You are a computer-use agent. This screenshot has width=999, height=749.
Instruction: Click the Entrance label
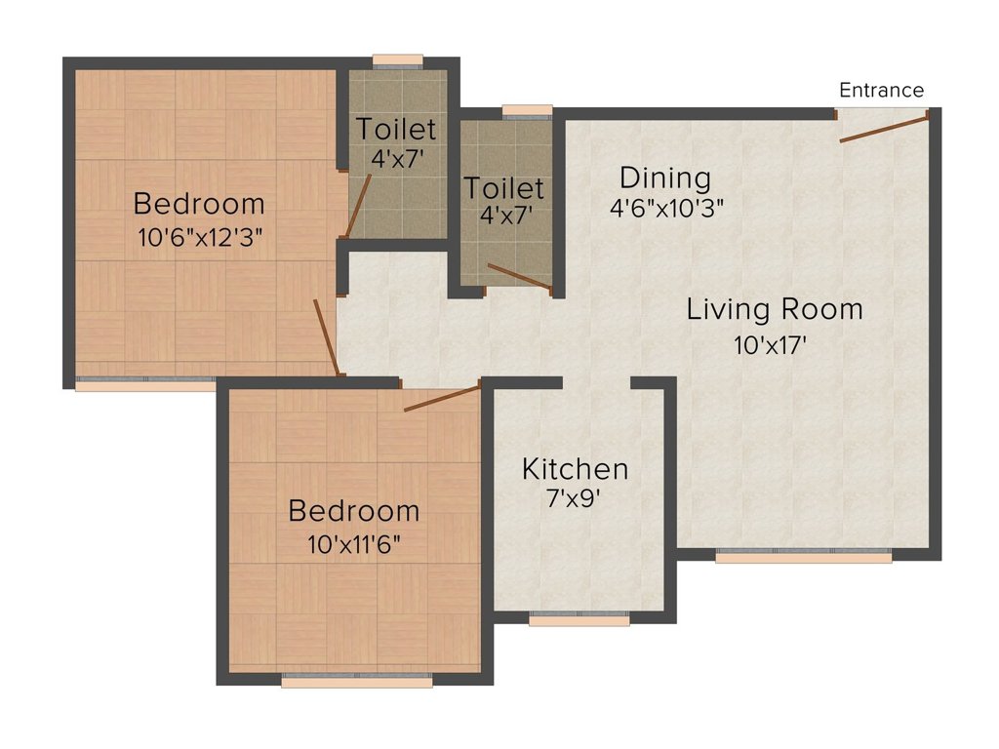tap(881, 91)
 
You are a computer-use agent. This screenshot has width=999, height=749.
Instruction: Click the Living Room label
tap(775, 310)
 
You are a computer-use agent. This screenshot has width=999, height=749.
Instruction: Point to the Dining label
tap(665, 178)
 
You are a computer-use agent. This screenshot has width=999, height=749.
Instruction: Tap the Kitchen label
tap(575, 469)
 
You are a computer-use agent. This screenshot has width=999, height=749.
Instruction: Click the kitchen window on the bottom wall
tap(579, 618)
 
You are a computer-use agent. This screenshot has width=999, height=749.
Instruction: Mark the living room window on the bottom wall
tap(803, 556)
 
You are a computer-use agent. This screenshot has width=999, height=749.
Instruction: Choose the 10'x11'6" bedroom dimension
tap(354, 543)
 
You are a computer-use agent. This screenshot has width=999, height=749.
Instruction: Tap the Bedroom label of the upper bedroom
tap(199, 205)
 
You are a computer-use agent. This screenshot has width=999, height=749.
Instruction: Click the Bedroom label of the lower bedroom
tap(354, 511)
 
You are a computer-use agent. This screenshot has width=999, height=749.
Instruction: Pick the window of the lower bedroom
tap(356, 680)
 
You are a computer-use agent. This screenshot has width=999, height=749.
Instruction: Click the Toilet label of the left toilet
tap(395, 129)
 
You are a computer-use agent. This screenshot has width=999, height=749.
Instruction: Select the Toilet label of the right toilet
tap(503, 187)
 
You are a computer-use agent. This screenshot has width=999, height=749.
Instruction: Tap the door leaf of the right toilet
tap(519, 276)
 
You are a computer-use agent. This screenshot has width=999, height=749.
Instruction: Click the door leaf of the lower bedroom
tap(442, 398)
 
